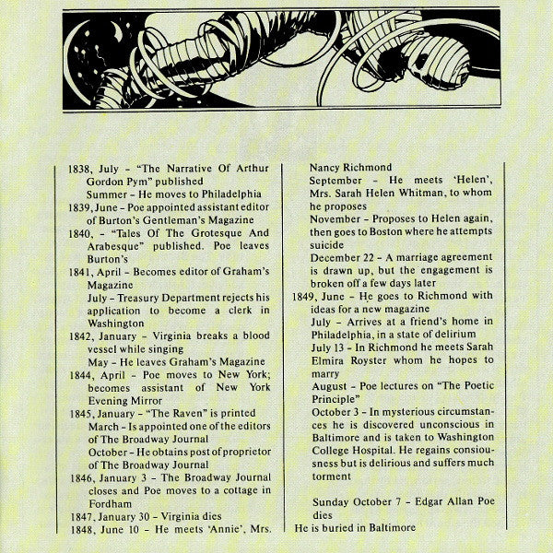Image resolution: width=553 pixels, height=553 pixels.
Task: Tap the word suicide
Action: click(329, 246)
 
